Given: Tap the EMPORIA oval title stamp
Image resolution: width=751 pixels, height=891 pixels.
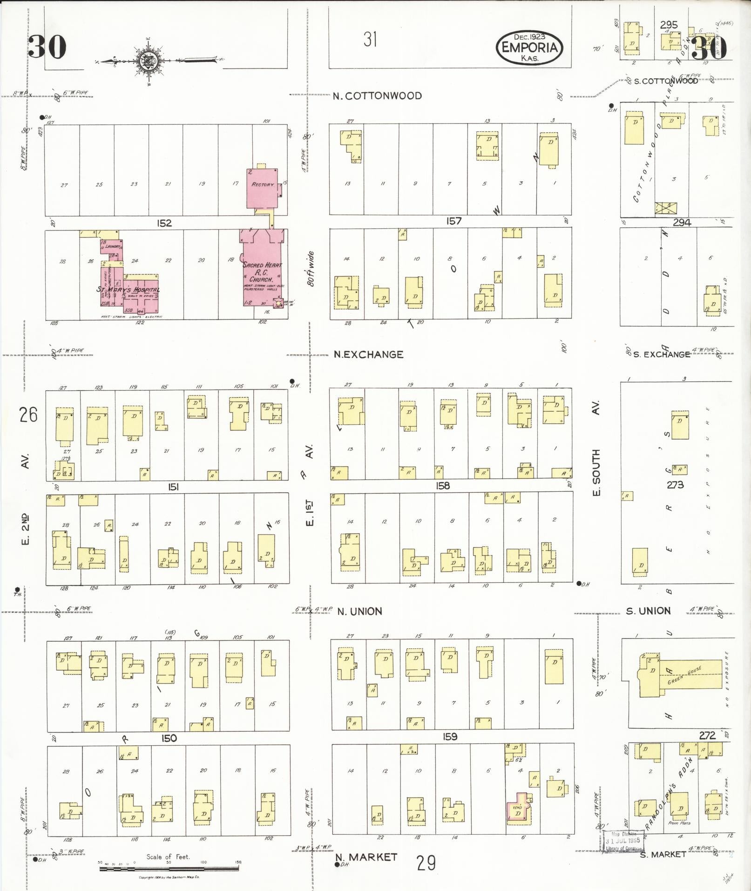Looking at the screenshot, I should point(529,47).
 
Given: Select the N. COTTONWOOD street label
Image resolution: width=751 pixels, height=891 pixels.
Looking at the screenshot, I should point(377,96).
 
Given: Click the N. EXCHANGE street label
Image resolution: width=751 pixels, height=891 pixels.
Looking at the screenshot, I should point(368,354).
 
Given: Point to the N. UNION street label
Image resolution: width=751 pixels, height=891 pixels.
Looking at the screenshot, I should point(359,611).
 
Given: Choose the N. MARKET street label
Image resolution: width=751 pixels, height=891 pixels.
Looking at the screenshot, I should point(366,857).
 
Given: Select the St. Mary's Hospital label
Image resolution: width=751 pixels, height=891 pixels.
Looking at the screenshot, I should point(128,290).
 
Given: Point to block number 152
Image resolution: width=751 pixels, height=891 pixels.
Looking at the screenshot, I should point(164,223).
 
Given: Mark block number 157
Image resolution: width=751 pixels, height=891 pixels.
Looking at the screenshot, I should point(453,221).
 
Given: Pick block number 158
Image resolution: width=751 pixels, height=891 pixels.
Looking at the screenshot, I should point(442,486).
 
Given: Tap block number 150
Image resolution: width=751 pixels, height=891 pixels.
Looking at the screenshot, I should point(169,738).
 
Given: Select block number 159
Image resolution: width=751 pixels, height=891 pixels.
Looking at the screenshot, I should point(450,737).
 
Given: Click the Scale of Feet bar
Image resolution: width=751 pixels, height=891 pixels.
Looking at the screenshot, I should point(169,869).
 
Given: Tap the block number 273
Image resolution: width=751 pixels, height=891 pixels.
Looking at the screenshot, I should point(675,485).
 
